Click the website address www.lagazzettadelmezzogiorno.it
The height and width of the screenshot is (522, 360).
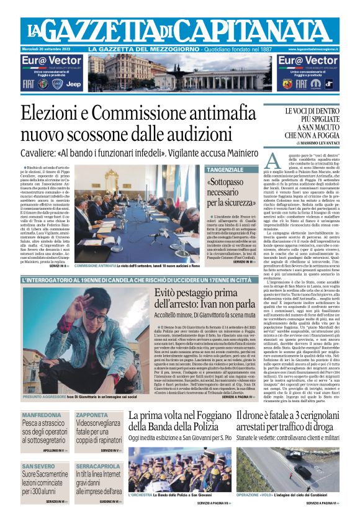coord(317,49)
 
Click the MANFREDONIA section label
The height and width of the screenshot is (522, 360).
coord(41,415)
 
